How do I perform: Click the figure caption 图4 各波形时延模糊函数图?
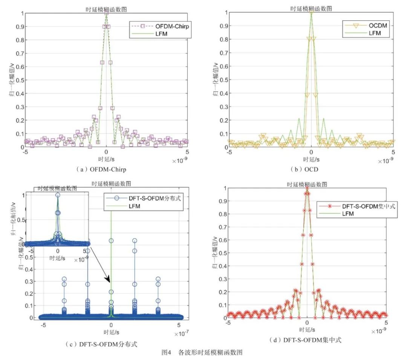pyautogui.click(x=203, y=353)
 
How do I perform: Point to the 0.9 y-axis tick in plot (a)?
pyautogui.click(x=19, y=27)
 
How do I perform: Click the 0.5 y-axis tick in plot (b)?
pyautogui.click(x=222, y=80)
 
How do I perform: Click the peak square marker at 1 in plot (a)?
pyautogui.click(x=107, y=13)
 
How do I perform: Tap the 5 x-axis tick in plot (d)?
pyautogui.click(x=386, y=323)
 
